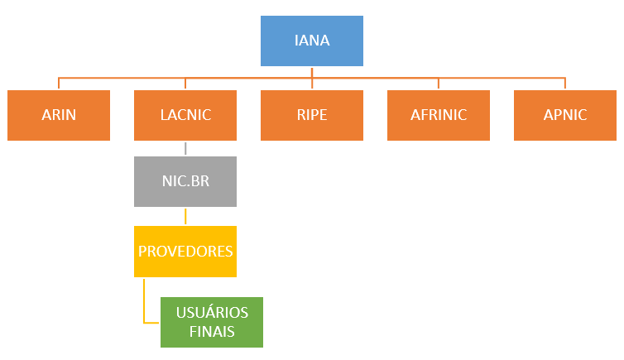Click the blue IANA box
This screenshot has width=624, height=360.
click(x=312, y=40)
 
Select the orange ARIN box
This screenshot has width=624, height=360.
click(x=59, y=115)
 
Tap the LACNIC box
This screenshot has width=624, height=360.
click(x=185, y=115)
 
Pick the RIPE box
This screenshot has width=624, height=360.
click(x=312, y=115)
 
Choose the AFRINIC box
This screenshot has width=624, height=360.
click(x=439, y=115)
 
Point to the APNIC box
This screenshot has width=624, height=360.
click(x=565, y=115)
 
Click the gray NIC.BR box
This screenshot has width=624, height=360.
click(x=185, y=181)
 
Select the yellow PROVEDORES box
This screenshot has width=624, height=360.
click(x=185, y=252)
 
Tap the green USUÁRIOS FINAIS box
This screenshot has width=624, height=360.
click(x=212, y=322)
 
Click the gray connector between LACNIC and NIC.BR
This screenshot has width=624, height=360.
click(x=185, y=148)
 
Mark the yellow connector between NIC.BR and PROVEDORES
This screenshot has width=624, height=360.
click(x=185, y=216)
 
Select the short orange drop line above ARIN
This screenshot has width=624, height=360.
click(x=59, y=84)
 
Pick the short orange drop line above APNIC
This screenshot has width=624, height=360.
click(x=565, y=84)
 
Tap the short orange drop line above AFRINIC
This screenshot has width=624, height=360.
click(x=439, y=84)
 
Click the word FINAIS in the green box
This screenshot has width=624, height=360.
click(x=212, y=332)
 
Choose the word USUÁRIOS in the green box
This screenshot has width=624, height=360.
click(x=212, y=313)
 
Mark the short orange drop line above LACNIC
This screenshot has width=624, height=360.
click(x=185, y=84)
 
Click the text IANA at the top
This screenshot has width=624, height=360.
click(x=312, y=40)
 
